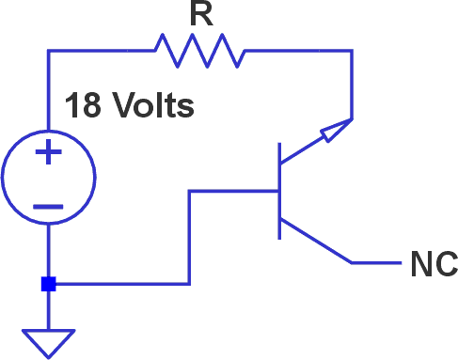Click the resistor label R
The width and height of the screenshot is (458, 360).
[198, 14]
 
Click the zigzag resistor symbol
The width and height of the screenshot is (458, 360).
[198, 51]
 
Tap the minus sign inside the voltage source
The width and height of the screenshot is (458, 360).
[48, 205]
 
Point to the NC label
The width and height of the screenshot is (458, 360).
[434, 264]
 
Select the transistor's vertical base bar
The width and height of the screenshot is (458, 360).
[279, 191]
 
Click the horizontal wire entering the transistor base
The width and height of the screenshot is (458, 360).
[235, 191]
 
